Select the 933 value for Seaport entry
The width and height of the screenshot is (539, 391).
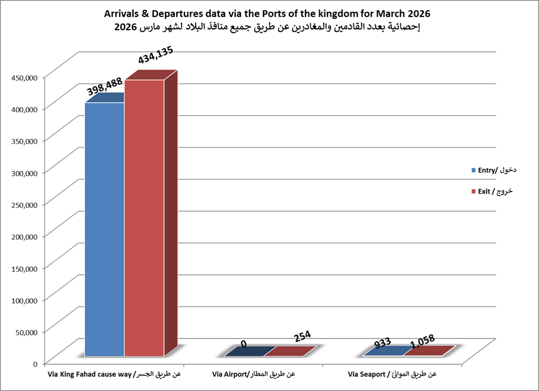383,343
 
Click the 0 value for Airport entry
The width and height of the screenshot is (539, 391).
243,343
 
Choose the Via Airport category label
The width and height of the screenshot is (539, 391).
253,374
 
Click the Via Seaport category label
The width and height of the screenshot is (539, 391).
392,374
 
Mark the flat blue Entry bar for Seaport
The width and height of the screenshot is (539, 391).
384,351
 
